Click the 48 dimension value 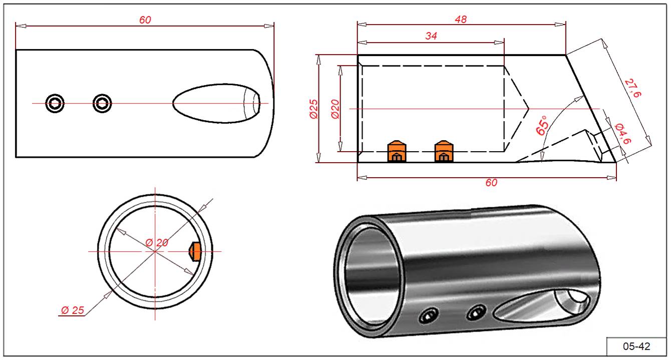[461, 20]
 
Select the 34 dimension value [431, 36]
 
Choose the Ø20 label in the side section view [334, 109]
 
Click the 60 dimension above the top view [145, 20]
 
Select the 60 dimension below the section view [491, 183]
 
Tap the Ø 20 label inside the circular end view [157, 243]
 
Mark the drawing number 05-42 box [636, 346]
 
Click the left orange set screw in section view [396, 151]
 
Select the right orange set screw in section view [443, 151]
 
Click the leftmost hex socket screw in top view [55, 103]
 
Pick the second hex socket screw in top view [102, 103]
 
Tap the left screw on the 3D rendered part [428, 316]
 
